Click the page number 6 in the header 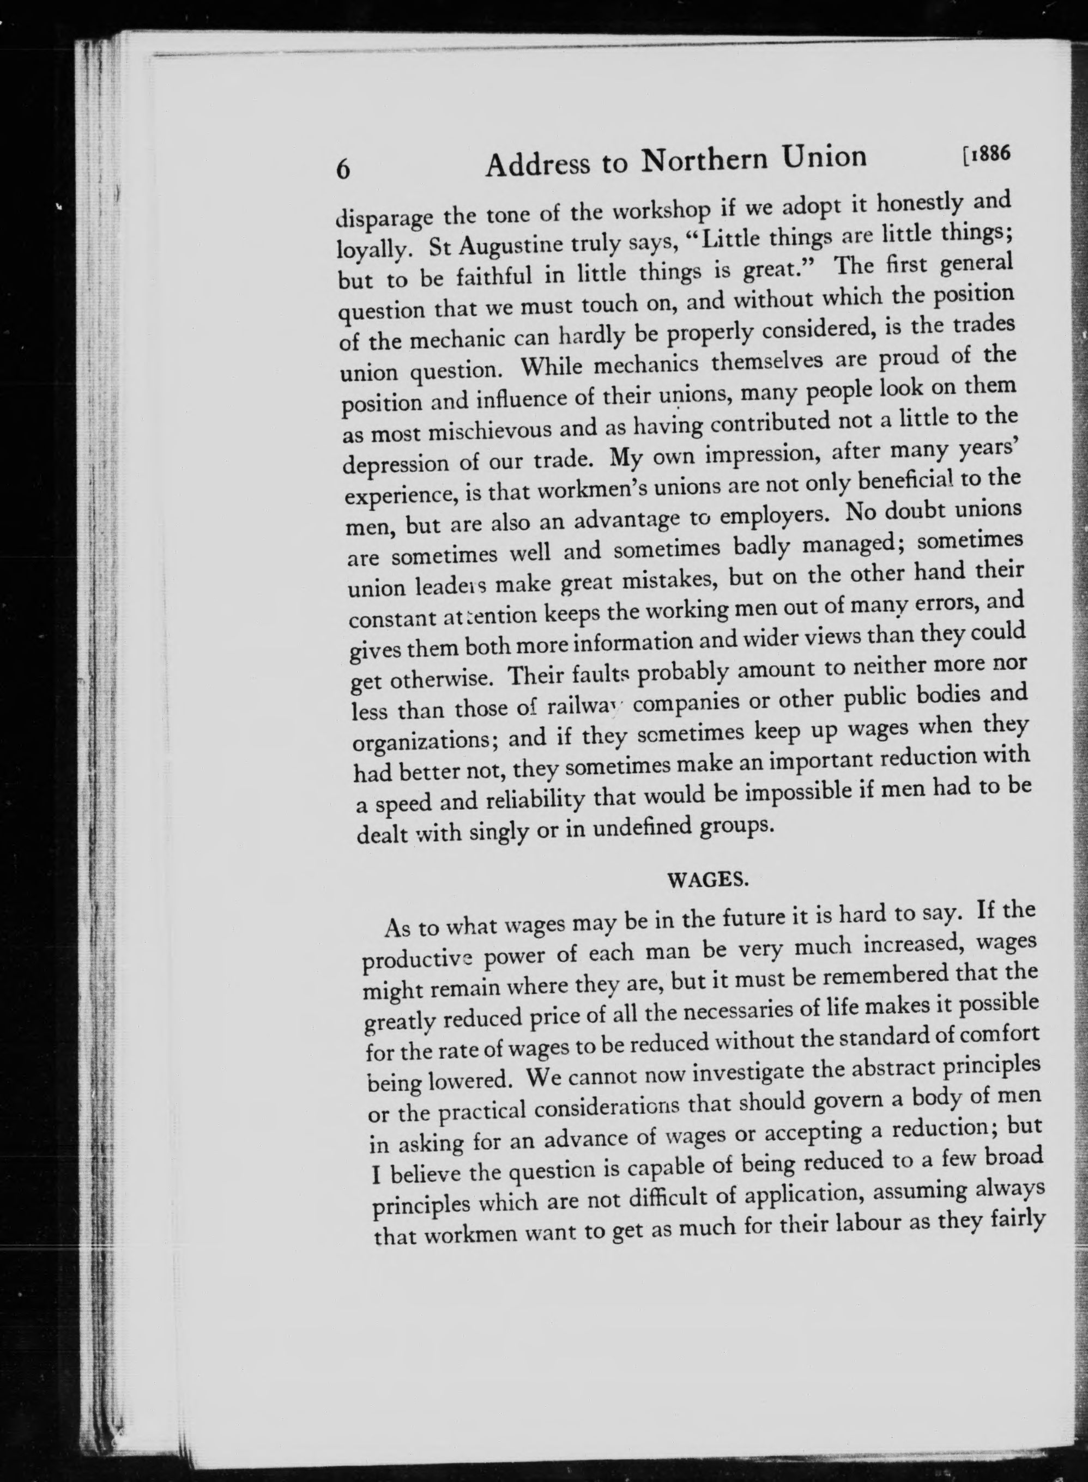coord(343,170)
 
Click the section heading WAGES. coord(708,880)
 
